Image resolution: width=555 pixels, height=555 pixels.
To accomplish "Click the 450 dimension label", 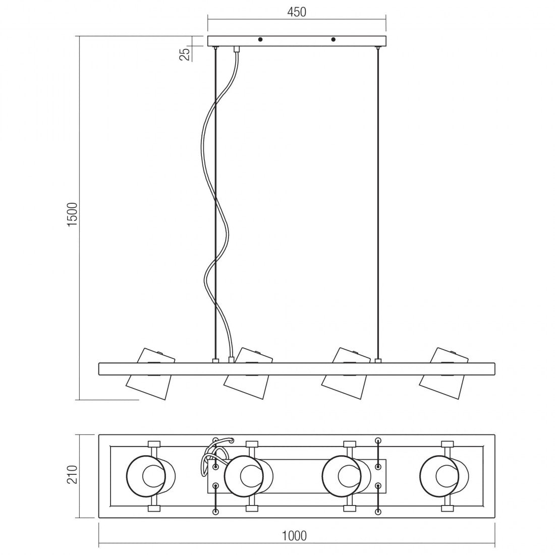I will (x=297, y=12).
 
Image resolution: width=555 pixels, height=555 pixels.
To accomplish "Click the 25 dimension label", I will (x=185, y=52).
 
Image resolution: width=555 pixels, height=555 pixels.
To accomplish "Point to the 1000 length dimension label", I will (x=295, y=535).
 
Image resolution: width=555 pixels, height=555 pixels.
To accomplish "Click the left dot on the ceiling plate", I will (x=260, y=39).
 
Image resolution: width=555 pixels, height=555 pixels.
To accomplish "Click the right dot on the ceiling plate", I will (x=333, y=39).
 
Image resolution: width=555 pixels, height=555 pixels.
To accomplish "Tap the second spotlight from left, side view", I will (x=248, y=374).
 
